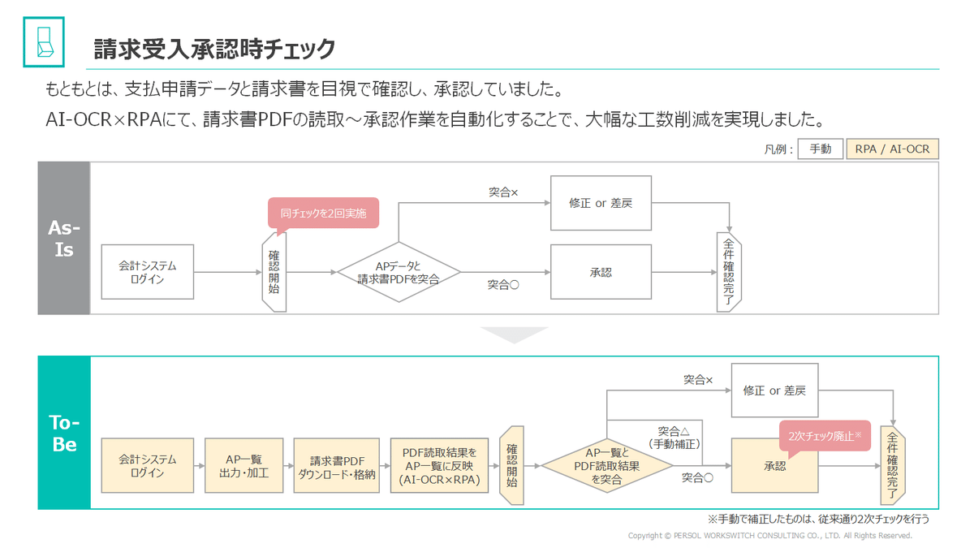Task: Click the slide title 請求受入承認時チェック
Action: (x=214, y=49)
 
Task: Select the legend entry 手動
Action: (x=820, y=149)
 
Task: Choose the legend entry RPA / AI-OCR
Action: (x=892, y=149)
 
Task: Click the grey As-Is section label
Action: (x=63, y=238)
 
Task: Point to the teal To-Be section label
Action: (x=63, y=433)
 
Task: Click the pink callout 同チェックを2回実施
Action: (x=323, y=214)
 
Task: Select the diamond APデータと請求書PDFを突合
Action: (x=399, y=272)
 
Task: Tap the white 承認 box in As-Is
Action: (x=601, y=272)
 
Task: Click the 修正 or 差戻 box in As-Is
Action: (x=601, y=203)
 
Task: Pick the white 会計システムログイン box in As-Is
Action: (x=147, y=272)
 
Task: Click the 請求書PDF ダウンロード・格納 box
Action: (x=337, y=465)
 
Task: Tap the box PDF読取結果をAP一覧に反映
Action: (x=439, y=465)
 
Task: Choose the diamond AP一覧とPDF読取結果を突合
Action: (x=607, y=466)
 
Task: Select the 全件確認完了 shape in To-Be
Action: (x=892, y=465)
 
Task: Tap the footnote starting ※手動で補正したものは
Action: (x=818, y=519)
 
